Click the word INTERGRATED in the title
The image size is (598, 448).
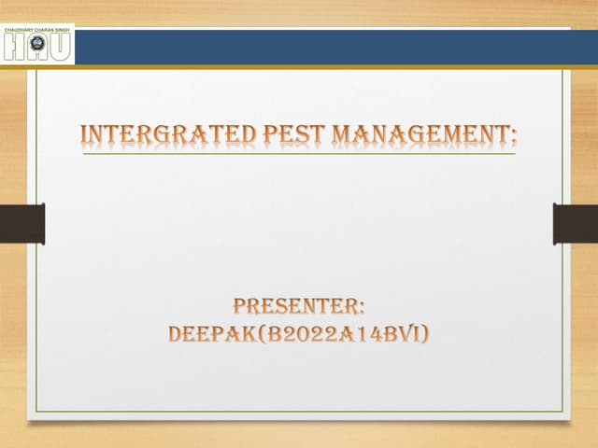[165, 133]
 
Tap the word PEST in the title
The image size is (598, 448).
[291, 133]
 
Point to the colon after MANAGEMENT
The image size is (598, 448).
[513, 137]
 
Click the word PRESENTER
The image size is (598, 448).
[294, 305]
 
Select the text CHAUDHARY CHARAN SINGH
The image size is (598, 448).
[37, 28]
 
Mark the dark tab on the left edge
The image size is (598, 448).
[21, 224]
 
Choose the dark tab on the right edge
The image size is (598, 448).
[576, 224]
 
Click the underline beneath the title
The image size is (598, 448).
[299, 154]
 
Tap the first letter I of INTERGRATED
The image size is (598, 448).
[86, 133]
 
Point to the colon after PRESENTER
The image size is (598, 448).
[361, 307]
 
